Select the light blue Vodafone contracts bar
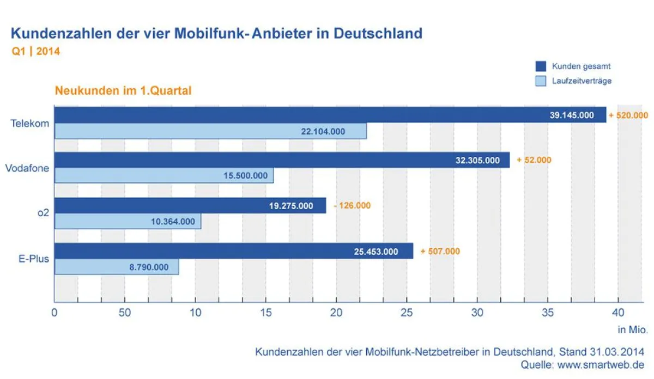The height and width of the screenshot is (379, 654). [163, 175]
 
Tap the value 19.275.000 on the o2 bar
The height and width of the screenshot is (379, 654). [291, 206]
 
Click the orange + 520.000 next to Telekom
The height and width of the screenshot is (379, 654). [628, 115]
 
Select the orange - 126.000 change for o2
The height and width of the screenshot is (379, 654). [352, 206]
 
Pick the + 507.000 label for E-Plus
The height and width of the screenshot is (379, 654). [440, 251]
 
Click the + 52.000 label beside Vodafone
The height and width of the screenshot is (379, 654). [534, 160]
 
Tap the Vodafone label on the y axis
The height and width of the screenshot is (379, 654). [27, 168]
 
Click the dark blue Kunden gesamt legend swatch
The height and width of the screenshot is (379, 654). [540, 66]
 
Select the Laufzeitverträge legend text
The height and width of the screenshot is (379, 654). [582, 81]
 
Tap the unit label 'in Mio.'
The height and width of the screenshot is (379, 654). [632, 329]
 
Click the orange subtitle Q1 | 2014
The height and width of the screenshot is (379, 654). [35, 52]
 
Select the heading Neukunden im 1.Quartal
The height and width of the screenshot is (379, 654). [123, 90]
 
